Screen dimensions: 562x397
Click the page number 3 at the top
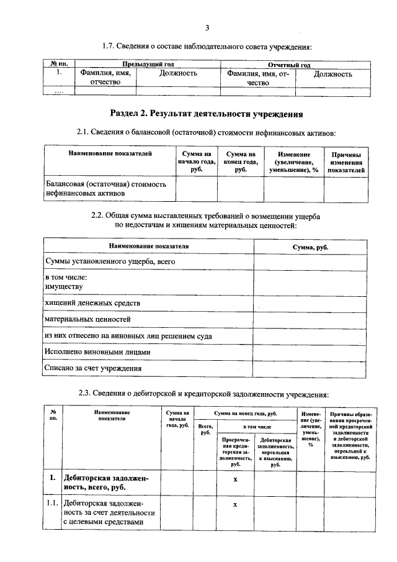[x=207, y=27]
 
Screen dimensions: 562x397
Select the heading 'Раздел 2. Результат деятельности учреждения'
[x=207, y=114]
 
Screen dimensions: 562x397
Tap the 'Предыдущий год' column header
[x=147, y=64]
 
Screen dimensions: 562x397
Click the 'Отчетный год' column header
[x=288, y=64]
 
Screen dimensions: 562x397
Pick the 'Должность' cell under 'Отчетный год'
[x=332, y=73]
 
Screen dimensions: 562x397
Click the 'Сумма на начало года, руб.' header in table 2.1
[x=196, y=161]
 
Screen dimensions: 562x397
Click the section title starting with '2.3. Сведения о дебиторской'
[x=207, y=393]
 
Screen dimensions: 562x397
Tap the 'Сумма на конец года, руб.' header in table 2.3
[x=245, y=412]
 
